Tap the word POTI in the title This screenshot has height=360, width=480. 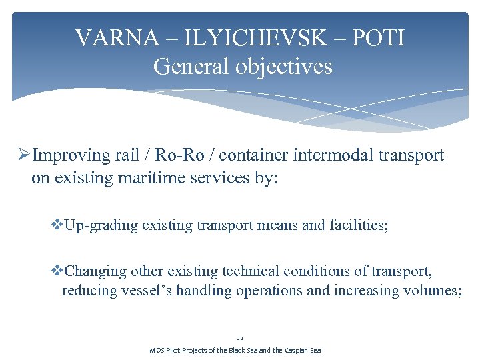pyautogui.click(x=379, y=38)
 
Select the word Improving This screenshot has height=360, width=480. pyautogui.click(x=69, y=155)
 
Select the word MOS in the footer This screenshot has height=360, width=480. pyautogui.click(x=157, y=351)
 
